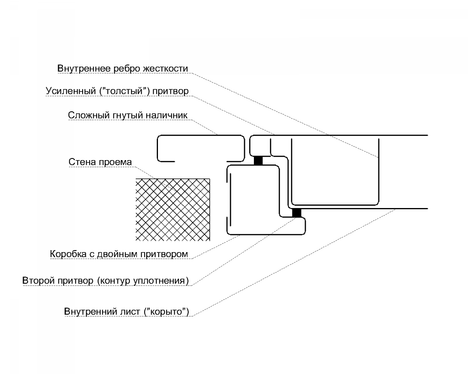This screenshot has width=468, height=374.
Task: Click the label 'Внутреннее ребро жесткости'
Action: [x=122, y=69]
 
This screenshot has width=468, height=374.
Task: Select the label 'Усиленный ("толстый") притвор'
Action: [x=117, y=91]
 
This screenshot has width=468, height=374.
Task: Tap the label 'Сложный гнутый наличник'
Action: [x=128, y=115]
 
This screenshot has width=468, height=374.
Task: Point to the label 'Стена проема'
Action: [x=100, y=162]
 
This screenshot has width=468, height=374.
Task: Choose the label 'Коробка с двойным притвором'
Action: [x=119, y=254]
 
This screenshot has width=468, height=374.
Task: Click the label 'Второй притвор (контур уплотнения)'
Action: [x=105, y=280]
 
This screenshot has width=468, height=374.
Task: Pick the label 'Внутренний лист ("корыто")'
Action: [x=127, y=312]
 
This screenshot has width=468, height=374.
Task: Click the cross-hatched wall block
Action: [x=173, y=210]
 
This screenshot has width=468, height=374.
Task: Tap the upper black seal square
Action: [x=258, y=161]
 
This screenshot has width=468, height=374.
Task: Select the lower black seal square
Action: [x=297, y=213]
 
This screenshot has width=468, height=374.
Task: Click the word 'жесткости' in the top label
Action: [x=165, y=69]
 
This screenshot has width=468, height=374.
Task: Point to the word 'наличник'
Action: [x=167, y=115]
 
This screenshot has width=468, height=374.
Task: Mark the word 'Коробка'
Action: [x=68, y=254]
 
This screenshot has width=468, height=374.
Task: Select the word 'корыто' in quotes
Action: [x=167, y=312]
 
